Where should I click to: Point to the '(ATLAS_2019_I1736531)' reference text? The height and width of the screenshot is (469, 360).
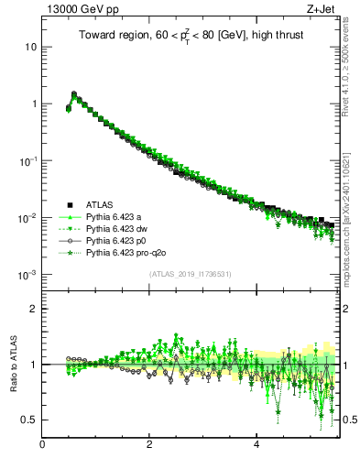point(189,274)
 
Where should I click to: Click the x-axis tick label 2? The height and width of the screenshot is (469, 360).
point(149,445)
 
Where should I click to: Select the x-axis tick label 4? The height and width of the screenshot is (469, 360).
point(256,445)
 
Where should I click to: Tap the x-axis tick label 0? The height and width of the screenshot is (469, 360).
point(42,445)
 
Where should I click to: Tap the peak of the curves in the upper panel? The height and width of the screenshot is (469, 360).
point(74,93)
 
